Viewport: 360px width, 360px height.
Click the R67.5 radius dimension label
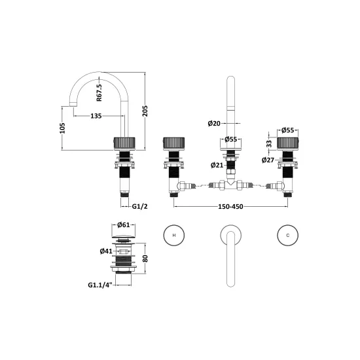(x=99, y=92)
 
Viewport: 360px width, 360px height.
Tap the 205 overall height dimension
(x=145, y=111)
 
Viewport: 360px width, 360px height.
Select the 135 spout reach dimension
(x=96, y=116)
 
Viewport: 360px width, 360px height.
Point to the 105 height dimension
(x=62, y=128)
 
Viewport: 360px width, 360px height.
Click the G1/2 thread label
(x=139, y=206)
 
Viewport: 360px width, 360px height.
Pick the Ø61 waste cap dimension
(x=124, y=225)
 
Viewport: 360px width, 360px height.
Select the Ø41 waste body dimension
(x=106, y=251)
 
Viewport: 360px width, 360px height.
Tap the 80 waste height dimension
(x=145, y=259)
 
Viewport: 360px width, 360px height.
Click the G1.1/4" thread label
(x=100, y=285)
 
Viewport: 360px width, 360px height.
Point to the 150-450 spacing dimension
(x=230, y=207)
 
